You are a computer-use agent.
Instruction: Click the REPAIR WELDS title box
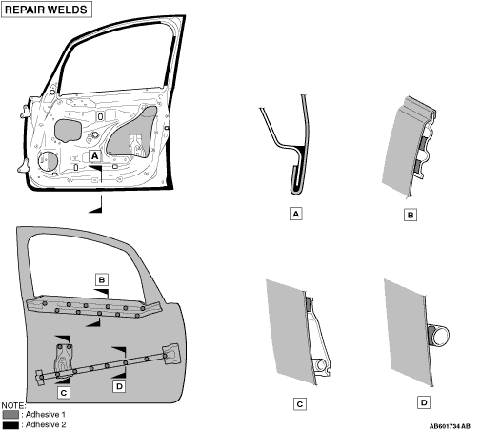point(47,10)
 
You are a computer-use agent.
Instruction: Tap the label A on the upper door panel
point(94,156)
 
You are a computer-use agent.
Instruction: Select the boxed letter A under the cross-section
point(295,214)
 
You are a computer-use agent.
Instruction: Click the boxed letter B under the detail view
point(411,216)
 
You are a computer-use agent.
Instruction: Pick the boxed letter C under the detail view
point(300,404)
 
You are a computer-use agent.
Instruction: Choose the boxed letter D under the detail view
point(424,402)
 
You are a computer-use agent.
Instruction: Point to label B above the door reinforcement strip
point(102,279)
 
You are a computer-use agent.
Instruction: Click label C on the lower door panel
point(64,393)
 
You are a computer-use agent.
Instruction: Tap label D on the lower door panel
point(119,386)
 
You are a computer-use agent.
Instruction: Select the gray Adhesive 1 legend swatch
point(10,415)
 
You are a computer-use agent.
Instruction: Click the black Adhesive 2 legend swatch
point(10,425)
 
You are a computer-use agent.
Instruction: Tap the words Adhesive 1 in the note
point(46,415)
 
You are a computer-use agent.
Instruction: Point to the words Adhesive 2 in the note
point(46,424)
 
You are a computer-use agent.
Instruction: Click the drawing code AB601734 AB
point(450,426)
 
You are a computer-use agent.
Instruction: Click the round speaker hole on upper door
point(48,161)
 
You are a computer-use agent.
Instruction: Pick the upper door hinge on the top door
point(25,112)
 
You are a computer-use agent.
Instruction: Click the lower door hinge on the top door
point(24,166)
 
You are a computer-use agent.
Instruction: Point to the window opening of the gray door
point(86,267)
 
